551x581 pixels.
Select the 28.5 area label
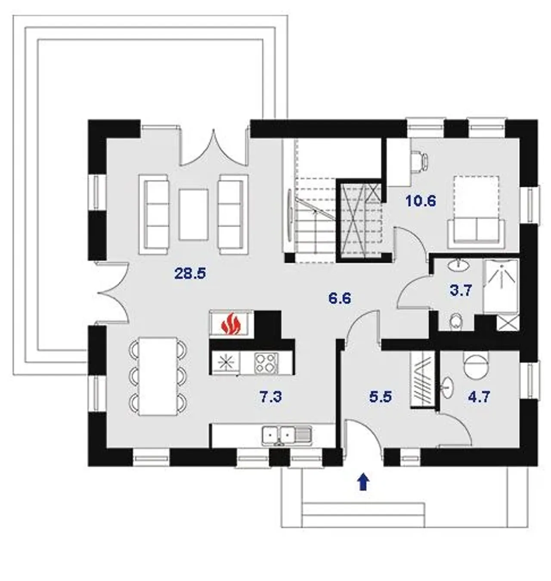click(190, 274)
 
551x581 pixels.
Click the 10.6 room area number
click(421, 201)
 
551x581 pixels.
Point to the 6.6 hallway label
click(340, 298)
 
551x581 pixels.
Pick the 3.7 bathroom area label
click(461, 291)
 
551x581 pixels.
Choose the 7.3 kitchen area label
click(271, 397)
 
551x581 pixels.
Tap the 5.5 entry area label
click(381, 397)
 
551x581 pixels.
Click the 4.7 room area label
click(479, 397)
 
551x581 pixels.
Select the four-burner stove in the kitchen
click(266, 363)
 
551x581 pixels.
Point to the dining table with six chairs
click(158, 376)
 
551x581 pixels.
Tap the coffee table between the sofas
click(194, 215)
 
